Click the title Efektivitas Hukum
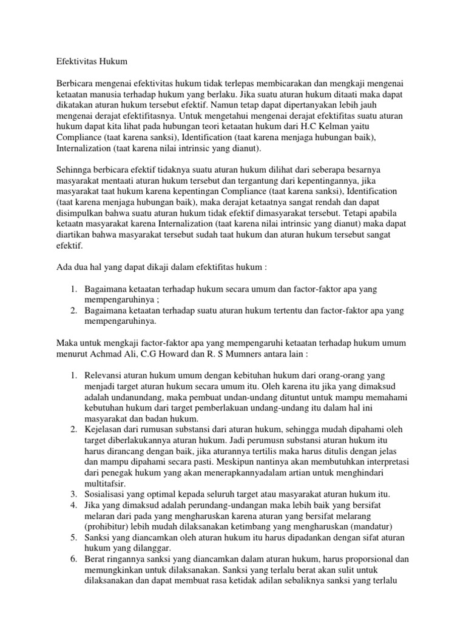tap(91, 61)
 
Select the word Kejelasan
tap(106, 431)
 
